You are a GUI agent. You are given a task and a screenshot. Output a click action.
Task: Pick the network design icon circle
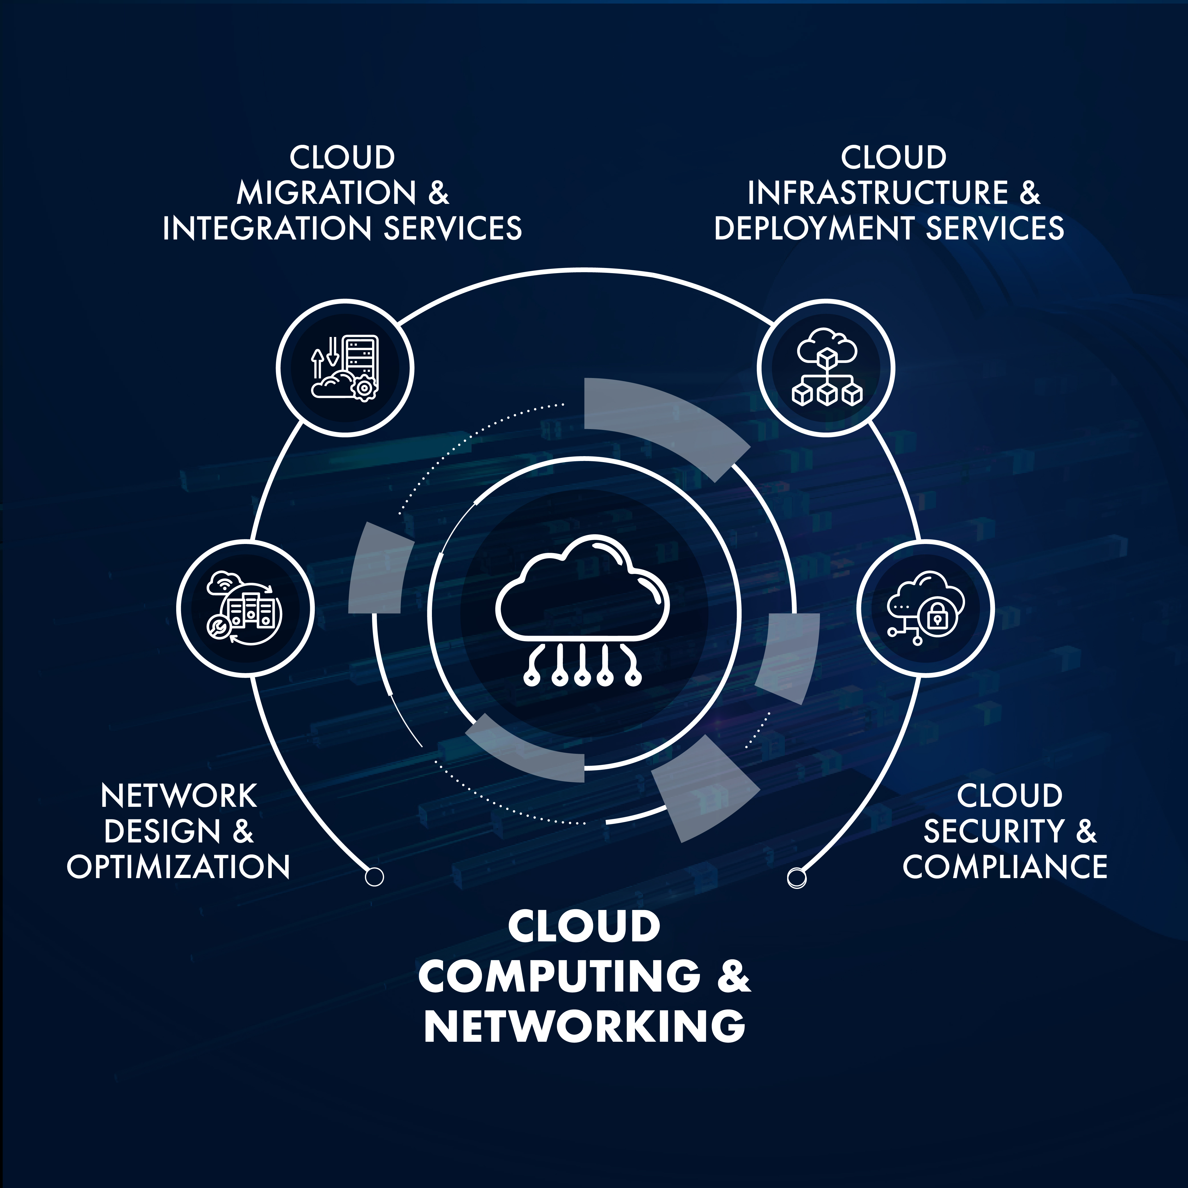(245, 609)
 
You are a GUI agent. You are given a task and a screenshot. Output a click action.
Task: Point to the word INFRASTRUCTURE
(878, 193)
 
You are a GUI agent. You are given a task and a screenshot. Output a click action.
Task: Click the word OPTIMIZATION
(178, 867)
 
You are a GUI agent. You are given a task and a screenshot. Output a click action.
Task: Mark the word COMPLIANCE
(1005, 867)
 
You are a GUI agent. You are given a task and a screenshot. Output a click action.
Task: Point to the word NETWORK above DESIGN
(178, 796)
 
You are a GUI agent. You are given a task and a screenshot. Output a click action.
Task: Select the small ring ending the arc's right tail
(796, 877)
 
